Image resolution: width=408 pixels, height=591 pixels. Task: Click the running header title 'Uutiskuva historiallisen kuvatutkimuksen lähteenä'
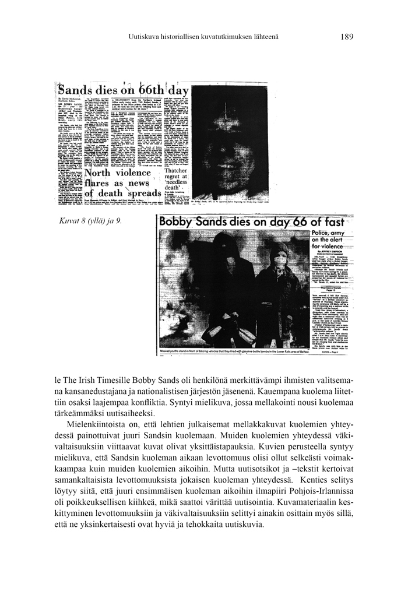pyautogui.click(x=203, y=37)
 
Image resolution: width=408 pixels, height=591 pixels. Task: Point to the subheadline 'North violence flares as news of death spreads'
pyautogui.click(x=122, y=183)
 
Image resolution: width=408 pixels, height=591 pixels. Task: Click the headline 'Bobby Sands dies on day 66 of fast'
pyautogui.click(x=256, y=222)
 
